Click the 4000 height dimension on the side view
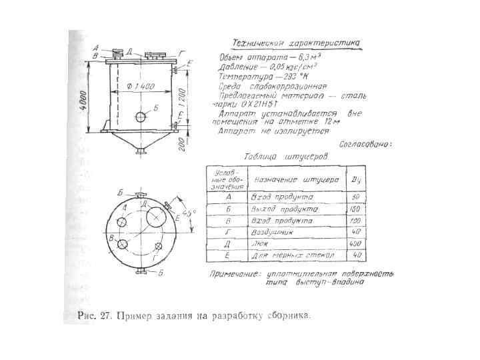click(x=85, y=99)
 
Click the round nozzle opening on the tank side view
click(x=141, y=117)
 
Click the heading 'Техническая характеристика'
click(x=295, y=43)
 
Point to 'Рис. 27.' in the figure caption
click(x=93, y=316)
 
